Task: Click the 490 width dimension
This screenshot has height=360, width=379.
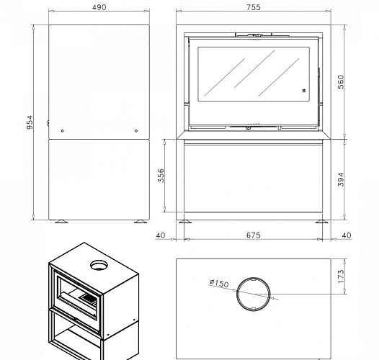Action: pos(99,7)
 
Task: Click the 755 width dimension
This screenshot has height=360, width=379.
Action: pos(254,7)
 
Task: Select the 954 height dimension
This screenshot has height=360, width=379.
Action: pos(30,122)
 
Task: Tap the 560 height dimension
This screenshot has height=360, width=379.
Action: pos(341,82)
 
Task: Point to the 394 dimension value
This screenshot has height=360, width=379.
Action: pos(341,179)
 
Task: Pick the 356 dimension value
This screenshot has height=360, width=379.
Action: pos(161,176)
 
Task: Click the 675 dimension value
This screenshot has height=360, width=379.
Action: pos(254,235)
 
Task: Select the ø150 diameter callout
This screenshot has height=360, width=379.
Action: pos(219,283)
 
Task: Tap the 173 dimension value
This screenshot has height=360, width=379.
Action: pos(341,276)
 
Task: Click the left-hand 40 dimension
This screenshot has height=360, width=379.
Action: pos(161,235)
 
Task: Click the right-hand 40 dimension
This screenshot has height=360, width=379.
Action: pos(347,235)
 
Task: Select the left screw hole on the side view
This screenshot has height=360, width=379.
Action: pos(63,131)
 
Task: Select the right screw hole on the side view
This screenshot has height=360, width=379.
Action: pos(136,131)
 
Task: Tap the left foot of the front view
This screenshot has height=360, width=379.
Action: pos(185,221)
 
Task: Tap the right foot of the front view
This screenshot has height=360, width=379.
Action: pos(321,221)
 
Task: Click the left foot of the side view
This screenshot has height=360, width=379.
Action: pos(61,221)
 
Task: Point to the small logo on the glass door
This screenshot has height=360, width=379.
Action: pos(304,91)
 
